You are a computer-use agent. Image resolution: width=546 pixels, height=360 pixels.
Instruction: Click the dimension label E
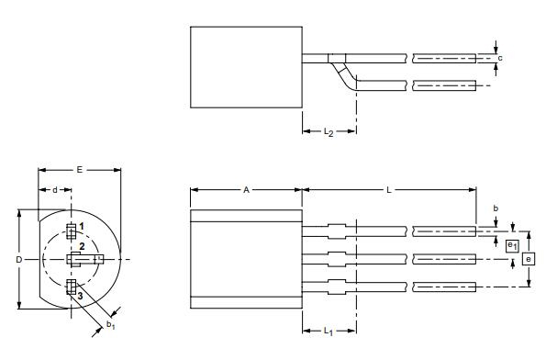click(79, 170)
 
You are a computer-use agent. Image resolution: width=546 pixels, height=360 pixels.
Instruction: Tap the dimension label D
click(19, 260)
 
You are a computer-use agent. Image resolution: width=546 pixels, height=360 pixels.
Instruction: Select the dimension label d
click(55, 190)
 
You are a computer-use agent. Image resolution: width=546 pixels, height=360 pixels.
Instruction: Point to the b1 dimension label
click(110, 324)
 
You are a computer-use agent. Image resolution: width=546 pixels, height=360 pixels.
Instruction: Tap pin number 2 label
click(82, 247)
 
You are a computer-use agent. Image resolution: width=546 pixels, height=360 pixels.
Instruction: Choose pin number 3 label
click(81, 295)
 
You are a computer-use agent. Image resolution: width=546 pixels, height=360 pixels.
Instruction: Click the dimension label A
click(246, 190)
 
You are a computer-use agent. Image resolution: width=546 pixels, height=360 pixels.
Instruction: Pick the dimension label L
click(389, 190)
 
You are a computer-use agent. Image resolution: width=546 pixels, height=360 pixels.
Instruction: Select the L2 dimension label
click(328, 132)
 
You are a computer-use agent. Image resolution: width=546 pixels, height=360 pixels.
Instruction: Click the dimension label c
click(500, 58)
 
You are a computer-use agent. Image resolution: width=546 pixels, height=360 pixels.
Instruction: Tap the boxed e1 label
click(511, 244)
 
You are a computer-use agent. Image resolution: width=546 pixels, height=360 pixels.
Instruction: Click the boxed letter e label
click(528, 259)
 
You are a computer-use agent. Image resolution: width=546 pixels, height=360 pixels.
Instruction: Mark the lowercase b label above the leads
click(496, 209)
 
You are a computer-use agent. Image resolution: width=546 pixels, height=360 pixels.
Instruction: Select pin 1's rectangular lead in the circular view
click(71, 230)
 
